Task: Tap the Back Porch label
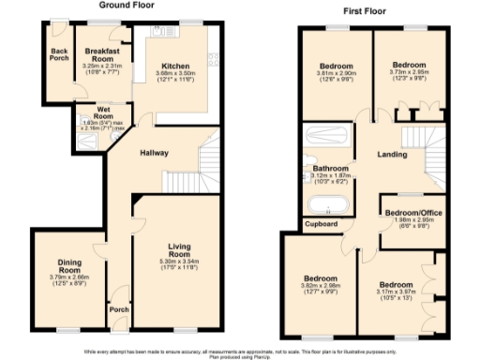point(59,54)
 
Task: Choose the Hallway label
point(155,153)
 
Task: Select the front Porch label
point(119,309)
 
